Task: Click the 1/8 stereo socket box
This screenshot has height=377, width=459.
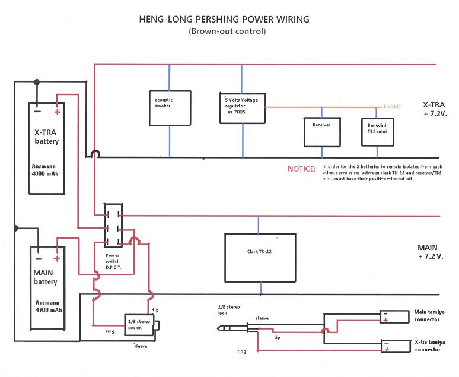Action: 140,325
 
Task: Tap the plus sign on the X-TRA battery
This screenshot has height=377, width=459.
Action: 58,111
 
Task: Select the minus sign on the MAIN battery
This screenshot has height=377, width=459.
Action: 39,259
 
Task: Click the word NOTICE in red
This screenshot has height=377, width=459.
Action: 301,169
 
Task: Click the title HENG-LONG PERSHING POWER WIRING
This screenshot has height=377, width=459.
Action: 223,20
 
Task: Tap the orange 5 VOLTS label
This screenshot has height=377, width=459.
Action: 392,106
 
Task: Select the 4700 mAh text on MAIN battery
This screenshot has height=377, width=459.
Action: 48,309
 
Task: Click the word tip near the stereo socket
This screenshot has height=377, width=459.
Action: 156,310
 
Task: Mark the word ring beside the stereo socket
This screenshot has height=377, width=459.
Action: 110,331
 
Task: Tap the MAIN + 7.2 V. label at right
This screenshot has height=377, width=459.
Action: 431,252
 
